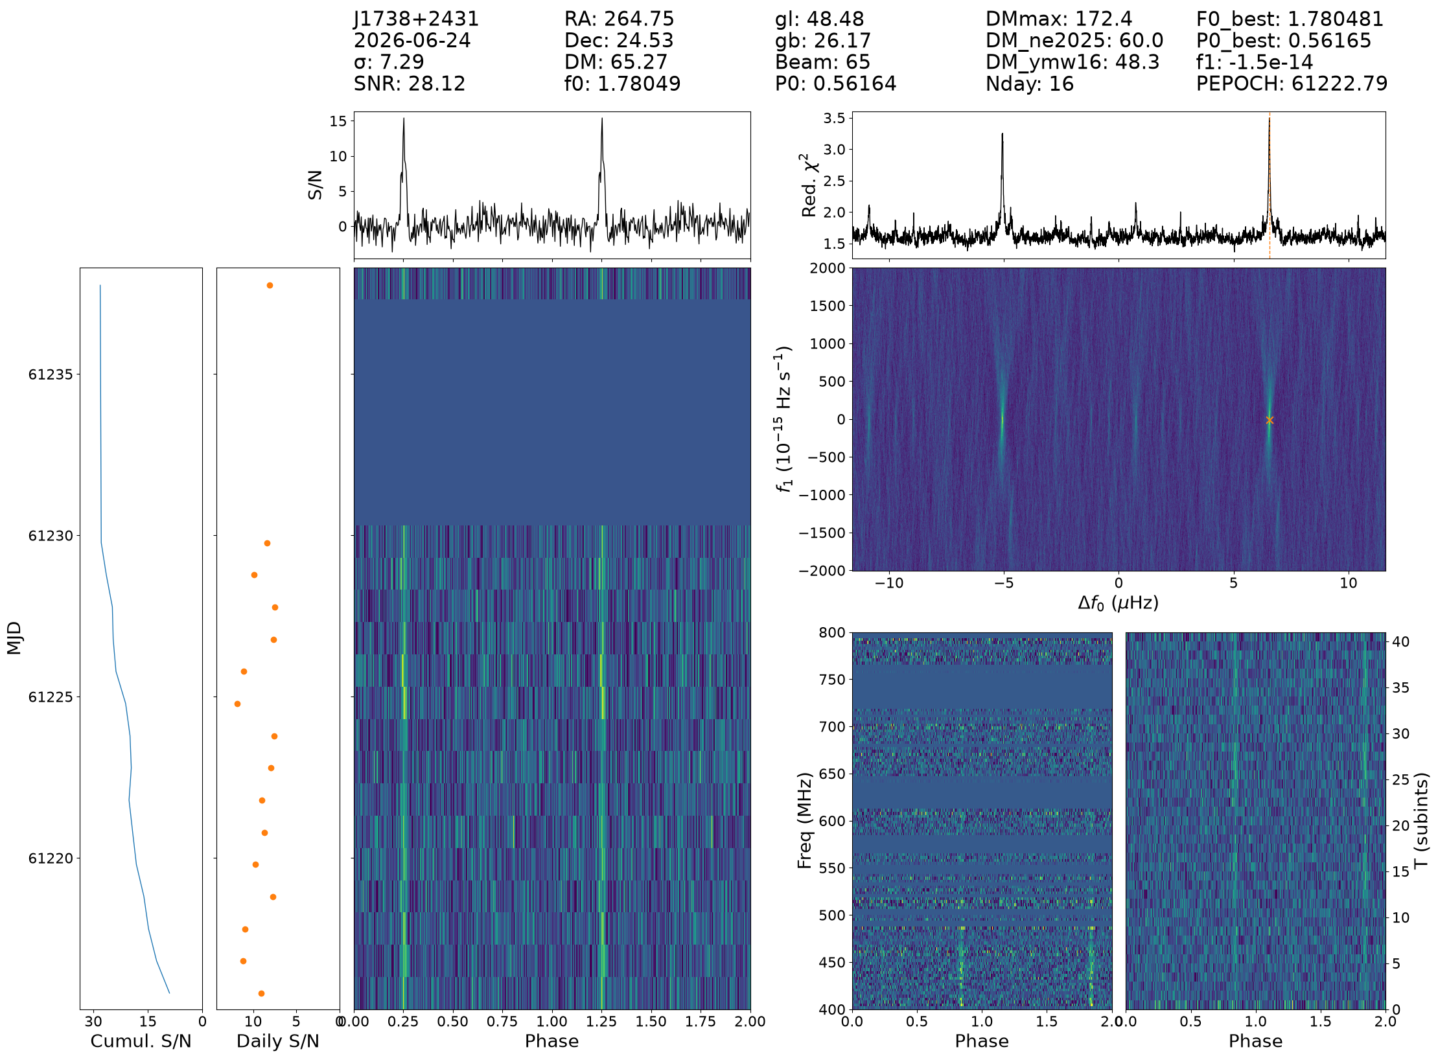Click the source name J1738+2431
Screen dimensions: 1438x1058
[x=416, y=19]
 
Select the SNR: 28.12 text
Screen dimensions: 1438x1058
[x=410, y=84]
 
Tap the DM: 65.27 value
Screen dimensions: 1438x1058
[x=616, y=62]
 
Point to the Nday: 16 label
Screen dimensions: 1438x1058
[x=1030, y=84]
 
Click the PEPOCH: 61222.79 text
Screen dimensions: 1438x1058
[x=1292, y=84]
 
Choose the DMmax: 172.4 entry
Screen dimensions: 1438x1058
[x=1059, y=19]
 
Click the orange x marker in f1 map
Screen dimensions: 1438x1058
[x=1270, y=420]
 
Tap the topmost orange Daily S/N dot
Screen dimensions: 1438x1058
[x=270, y=285]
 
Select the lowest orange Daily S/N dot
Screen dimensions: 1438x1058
[x=261, y=993]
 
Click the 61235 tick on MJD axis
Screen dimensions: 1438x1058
[x=50, y=374]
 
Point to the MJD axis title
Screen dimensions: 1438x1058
[x=14, y=638]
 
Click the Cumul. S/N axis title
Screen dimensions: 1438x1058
[x=141, y=1041]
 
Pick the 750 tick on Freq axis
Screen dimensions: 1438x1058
[x=831, y=680]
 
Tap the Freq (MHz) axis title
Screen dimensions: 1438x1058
[x=804, y=820]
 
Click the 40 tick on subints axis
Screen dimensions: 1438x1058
[x=1400, y=641]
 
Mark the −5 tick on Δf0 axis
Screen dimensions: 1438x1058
[x=1004, y=583]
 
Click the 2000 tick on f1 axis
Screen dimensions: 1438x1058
[x=828, y=268]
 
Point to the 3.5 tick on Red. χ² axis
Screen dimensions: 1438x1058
[x=834, y=118]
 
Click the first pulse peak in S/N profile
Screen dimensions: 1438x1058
[x=404, y=119]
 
